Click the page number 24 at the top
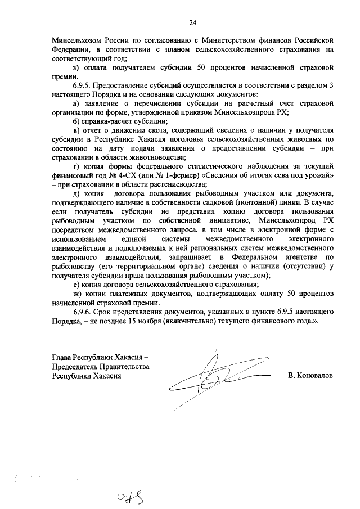point(192,22)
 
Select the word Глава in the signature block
point(61,357)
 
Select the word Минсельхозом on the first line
point(75,40)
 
